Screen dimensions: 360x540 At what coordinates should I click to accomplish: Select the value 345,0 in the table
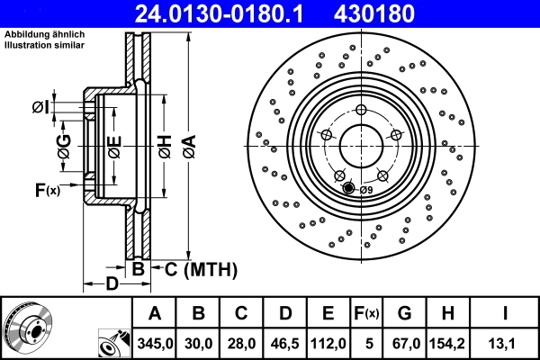pyautogui.click(x=155, y=343)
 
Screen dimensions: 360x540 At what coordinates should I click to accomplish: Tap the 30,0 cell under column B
pyautogui.click(x=199, y=343)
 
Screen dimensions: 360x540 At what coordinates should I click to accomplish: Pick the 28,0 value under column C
pyautogui.click(x=241, y=343)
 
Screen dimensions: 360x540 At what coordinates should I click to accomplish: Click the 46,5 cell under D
pyautogui.click(x=284, y=343)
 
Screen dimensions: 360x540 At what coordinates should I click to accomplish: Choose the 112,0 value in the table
pyautogui.click(x=328, y=343)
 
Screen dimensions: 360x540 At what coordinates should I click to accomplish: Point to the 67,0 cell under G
pyautogui.click(x=404, y=343)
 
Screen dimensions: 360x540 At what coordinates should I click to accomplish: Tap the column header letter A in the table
pyautogui.click(x=155, y=313)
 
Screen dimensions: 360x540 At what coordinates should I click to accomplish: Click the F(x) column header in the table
pyautogui.click(x=367, y=313)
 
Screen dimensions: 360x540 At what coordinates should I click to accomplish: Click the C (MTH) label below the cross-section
pyautogui.click(x=200, y=268)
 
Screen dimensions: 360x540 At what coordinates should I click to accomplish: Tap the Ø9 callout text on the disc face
pyautogui.click(x=366, y=189)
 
